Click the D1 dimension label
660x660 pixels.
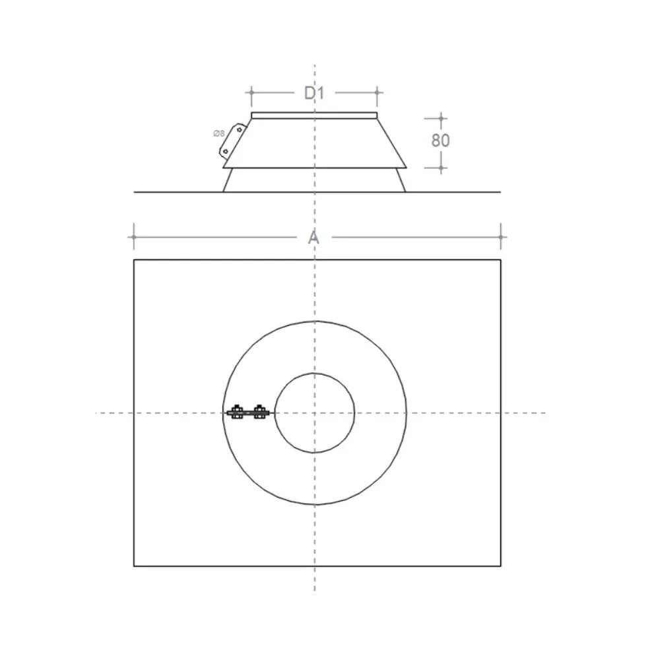(314, 93)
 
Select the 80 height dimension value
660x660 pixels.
(441, 140)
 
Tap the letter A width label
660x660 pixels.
(313, 238)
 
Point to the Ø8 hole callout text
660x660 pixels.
(219, 134)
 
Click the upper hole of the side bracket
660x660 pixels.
(239, 130)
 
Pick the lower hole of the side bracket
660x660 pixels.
(226, 151)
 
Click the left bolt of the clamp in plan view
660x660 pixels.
(236, 412)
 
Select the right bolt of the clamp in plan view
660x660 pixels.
(259, 412)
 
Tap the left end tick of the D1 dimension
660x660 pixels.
(251, 92)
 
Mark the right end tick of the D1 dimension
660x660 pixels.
(377, 92)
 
